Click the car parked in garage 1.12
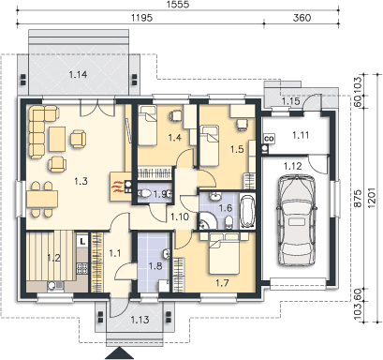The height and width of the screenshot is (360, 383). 297,220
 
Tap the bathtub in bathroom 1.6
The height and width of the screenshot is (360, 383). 247,212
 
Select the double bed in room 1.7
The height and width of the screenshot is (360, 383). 225,254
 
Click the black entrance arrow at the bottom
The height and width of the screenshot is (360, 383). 120,353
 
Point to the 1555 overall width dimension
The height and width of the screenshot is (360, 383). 180,5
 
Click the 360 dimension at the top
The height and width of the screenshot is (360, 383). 302,18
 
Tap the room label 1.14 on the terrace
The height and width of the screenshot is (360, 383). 78,75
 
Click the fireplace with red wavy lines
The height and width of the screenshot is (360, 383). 121,187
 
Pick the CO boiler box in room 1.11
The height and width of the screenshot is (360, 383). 269,138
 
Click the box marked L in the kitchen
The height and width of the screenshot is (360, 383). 82,241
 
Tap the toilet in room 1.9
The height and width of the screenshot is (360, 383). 144,194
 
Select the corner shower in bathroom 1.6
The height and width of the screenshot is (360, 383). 206,220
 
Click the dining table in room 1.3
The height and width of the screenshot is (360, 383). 42,199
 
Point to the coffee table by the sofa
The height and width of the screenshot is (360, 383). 56,139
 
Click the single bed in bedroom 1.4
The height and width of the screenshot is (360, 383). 147,126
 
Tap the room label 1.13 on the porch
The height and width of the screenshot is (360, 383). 140,320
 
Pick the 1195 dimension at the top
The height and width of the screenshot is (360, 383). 141,18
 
